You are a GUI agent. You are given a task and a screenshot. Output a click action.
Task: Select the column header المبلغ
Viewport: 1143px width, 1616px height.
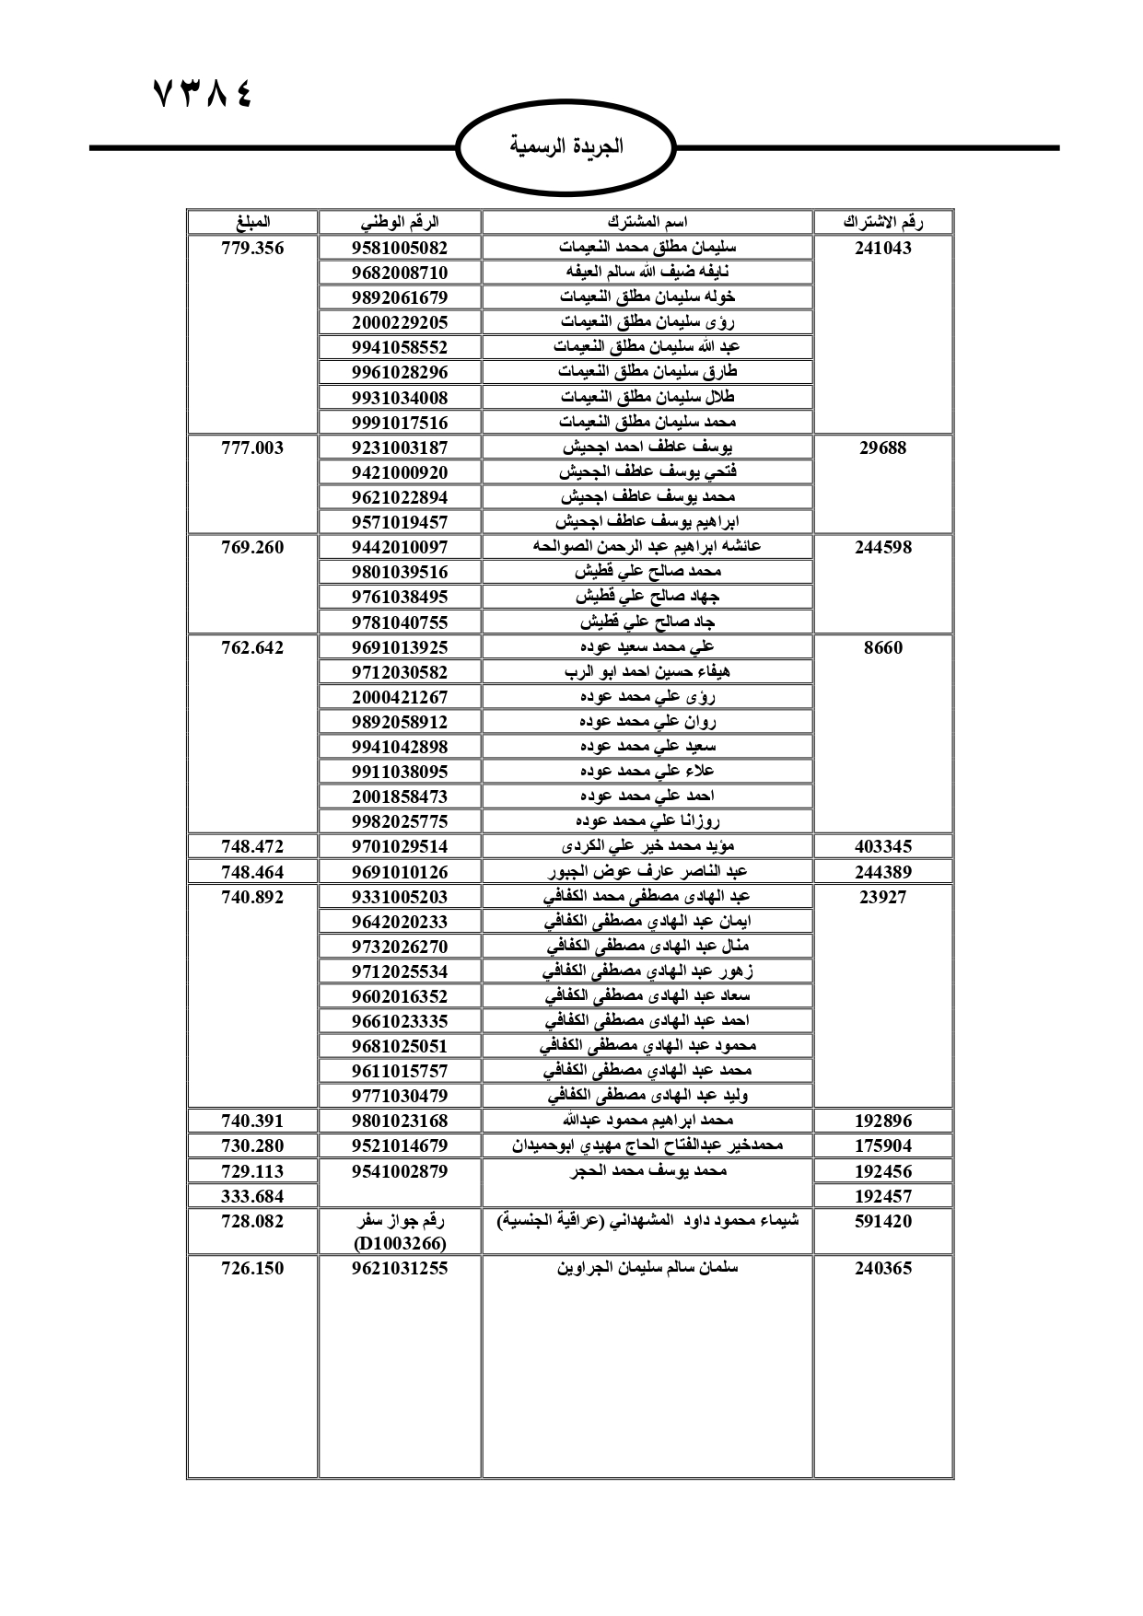(x=252, y=222)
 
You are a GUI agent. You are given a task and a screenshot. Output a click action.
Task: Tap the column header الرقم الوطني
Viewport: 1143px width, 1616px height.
(x=400, y=222)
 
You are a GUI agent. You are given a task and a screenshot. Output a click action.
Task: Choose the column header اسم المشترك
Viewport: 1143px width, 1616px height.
(x=647, y=222)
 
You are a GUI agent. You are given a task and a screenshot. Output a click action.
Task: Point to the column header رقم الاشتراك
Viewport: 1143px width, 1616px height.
(x=883, y=222)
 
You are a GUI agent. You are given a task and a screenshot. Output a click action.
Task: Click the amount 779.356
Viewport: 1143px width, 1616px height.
(x=252, y=248)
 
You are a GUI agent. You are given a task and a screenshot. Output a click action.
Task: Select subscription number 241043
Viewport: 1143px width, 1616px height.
(x=883, y=248)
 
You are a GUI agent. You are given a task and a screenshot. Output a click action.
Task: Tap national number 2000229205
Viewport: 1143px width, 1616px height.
(x=400, y=322)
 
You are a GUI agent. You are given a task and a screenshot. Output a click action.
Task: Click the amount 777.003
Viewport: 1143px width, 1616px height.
(x=252, y=448)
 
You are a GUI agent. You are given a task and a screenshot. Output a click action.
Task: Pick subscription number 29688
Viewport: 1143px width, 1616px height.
(x=883, y=448)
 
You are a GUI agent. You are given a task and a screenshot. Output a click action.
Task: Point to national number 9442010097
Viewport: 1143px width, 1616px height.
(x=400, y=547)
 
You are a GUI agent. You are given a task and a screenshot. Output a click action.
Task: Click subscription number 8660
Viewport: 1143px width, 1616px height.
(x=883, y=647)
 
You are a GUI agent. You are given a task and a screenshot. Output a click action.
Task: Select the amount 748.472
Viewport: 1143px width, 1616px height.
(x=252, y=846)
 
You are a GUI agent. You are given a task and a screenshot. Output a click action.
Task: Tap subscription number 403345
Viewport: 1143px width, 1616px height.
(x=883, y=846)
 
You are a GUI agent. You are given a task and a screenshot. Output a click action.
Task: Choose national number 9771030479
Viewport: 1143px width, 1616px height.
(x=400, y=1096)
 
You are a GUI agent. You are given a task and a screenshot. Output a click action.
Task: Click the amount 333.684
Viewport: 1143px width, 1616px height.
(x=252, y=1196)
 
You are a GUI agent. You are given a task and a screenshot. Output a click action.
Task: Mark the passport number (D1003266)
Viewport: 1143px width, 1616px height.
(x=400, y=1243)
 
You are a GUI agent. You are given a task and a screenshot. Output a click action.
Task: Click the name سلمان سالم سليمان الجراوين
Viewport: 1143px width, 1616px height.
(x=647, y=1268)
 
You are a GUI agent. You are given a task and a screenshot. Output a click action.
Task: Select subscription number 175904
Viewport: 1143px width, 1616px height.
(x=883, y=1145)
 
